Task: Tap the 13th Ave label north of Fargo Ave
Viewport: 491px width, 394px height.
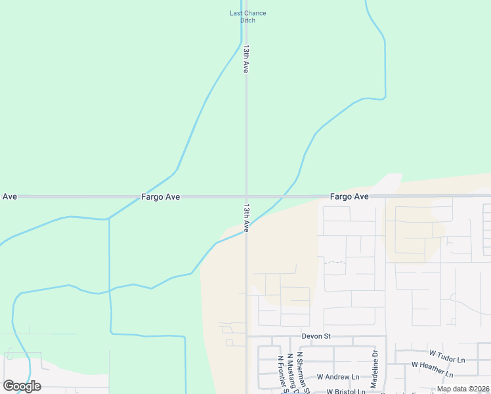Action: click(x=246, y=58)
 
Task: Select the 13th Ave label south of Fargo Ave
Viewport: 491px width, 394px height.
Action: click(x=246, y=217)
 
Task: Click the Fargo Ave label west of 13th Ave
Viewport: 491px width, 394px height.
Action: click(x=160, y=196)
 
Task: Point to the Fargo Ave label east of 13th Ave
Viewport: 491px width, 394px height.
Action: click(x=349, y=196)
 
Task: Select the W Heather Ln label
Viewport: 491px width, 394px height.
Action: click(x=432, y=370)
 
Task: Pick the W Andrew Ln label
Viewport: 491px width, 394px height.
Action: click(x=338, y=377)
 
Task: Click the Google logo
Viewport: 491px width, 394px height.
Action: click(x=22, y=386)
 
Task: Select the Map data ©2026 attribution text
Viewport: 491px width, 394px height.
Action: click(x=462, y=389)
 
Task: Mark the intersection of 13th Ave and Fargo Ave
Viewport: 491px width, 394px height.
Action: click(x=246, y=196)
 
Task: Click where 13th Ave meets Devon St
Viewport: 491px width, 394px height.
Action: click(x=247, y=337)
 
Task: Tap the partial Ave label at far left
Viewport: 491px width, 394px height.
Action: click(x=10, y=196)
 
